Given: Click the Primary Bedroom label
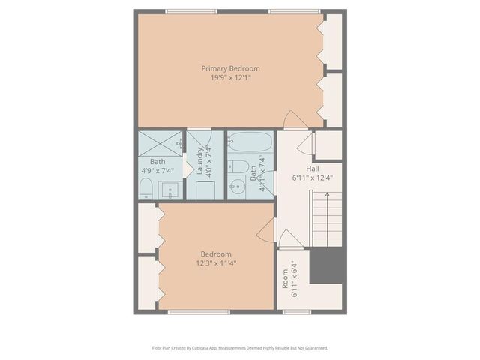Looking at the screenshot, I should tap(230, 68).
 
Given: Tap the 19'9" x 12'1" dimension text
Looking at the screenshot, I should tap(230, 76).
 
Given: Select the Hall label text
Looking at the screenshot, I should tap(313, 169).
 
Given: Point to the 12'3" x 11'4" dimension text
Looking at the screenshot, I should tap(215, 262).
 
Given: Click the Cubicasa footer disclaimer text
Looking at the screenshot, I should tap(240, 348).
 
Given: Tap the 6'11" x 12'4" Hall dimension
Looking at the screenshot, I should tap(313, 178).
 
